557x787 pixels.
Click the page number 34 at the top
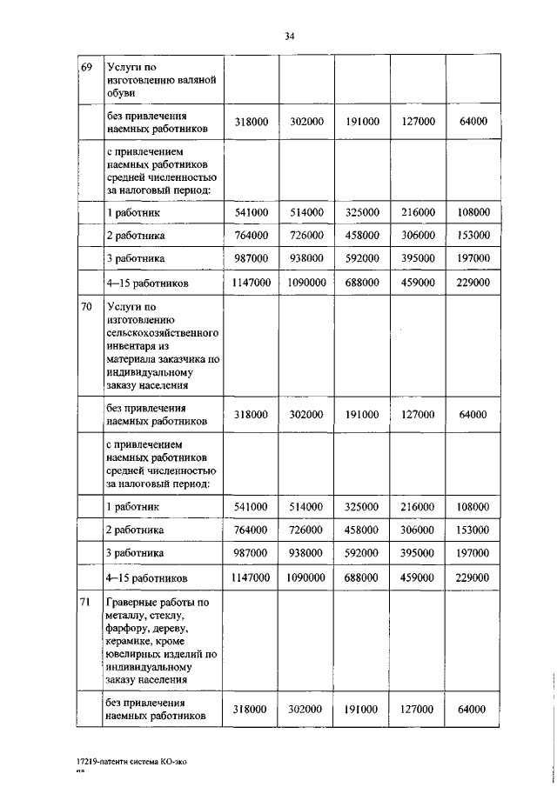pyautogui.click(x=290, y=36)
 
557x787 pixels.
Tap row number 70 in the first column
pyautogui.click(x=86, y=307)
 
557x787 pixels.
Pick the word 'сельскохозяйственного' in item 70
pyautogui.click(x=162, y=332)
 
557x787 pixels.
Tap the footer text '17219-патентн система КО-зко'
pyautogui.click(x=131, y=762)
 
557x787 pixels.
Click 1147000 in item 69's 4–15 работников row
pyautogui.click(x=251, y=283)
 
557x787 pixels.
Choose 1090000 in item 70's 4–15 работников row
pyautogui.click(x=306, y=577)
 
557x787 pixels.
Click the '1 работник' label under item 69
pyautogui.click(x=133, y=212)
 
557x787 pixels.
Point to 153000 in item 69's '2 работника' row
pyautogui.click(x=473, y=236)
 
